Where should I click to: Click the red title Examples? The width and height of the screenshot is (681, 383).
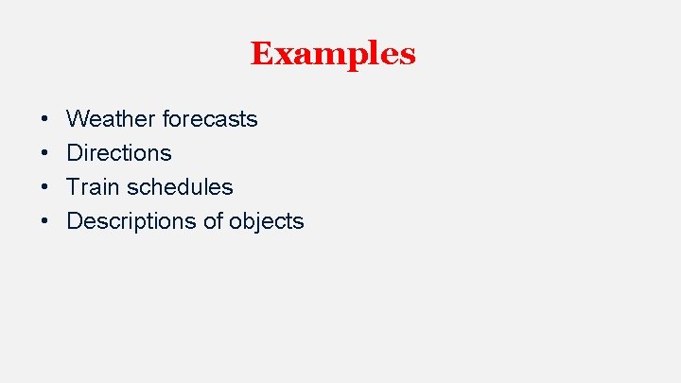(x=333, y=53)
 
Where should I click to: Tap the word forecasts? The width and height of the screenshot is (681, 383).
(x=210, y=119)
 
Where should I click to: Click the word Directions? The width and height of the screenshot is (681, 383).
(x=119, y=153)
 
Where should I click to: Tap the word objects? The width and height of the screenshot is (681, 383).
(x=267, y=221)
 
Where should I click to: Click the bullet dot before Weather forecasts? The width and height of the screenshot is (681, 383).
(x=45, y=120)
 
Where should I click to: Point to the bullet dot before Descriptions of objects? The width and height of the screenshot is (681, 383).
(x=45, y=222)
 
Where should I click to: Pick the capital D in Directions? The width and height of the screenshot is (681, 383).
(x=75, y=153)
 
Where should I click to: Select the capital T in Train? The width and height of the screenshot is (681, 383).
(x=74, y=187)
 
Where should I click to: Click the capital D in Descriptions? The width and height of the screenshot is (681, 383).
(x=75, y=221)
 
